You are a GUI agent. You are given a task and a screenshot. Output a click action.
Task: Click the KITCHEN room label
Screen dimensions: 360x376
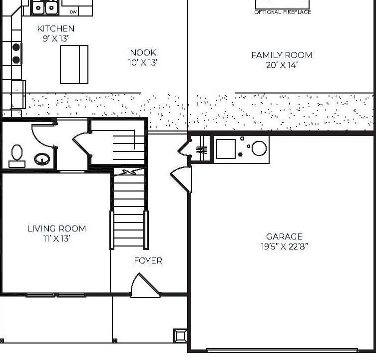[56, 29]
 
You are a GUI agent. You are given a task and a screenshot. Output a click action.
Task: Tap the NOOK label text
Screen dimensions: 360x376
[143, 52]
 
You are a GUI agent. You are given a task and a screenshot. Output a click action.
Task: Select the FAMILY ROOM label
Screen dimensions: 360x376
[282, 55]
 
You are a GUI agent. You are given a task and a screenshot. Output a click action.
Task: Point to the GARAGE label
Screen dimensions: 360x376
[284, 236]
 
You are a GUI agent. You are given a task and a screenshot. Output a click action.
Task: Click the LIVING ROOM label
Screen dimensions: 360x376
[56, 228]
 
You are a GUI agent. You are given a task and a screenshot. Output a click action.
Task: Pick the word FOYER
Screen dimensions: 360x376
[148, 260]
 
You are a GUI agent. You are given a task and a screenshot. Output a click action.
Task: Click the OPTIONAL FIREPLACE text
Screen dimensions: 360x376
[283, 12]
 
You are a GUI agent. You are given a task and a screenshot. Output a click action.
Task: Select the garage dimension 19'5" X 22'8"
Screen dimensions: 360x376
[284, 246]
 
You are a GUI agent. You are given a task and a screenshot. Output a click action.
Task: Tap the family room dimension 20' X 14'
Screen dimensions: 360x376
[282, 65]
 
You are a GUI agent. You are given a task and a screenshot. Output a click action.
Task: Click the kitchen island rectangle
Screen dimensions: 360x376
[74, 64]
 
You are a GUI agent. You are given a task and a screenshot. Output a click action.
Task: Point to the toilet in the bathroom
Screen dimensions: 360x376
[17, 155]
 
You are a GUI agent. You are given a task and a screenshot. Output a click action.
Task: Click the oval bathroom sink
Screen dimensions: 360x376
[41, 159]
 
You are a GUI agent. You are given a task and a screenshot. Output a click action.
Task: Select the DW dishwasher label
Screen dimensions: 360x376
[73, 11]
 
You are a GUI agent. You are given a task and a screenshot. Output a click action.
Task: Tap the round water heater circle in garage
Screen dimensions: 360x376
[259, 148]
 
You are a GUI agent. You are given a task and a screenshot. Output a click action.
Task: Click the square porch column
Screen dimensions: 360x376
[180, 335]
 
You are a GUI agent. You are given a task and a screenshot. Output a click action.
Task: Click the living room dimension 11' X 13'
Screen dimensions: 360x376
[56, 238]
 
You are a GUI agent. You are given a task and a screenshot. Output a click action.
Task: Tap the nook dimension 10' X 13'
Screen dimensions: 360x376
[143, 62]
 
